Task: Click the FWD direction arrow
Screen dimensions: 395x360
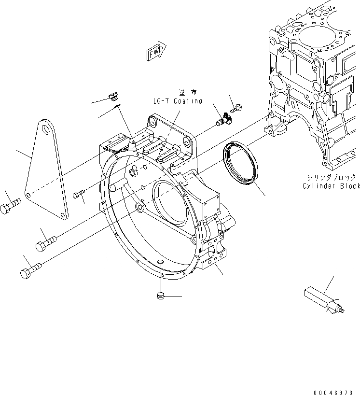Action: coord(155,51)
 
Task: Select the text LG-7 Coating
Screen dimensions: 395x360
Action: coord(176,101)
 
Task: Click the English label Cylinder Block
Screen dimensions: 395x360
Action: coord(331,186)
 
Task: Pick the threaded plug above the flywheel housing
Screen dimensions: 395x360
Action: coord(114,95)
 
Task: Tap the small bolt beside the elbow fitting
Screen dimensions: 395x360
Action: coord(237,109)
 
